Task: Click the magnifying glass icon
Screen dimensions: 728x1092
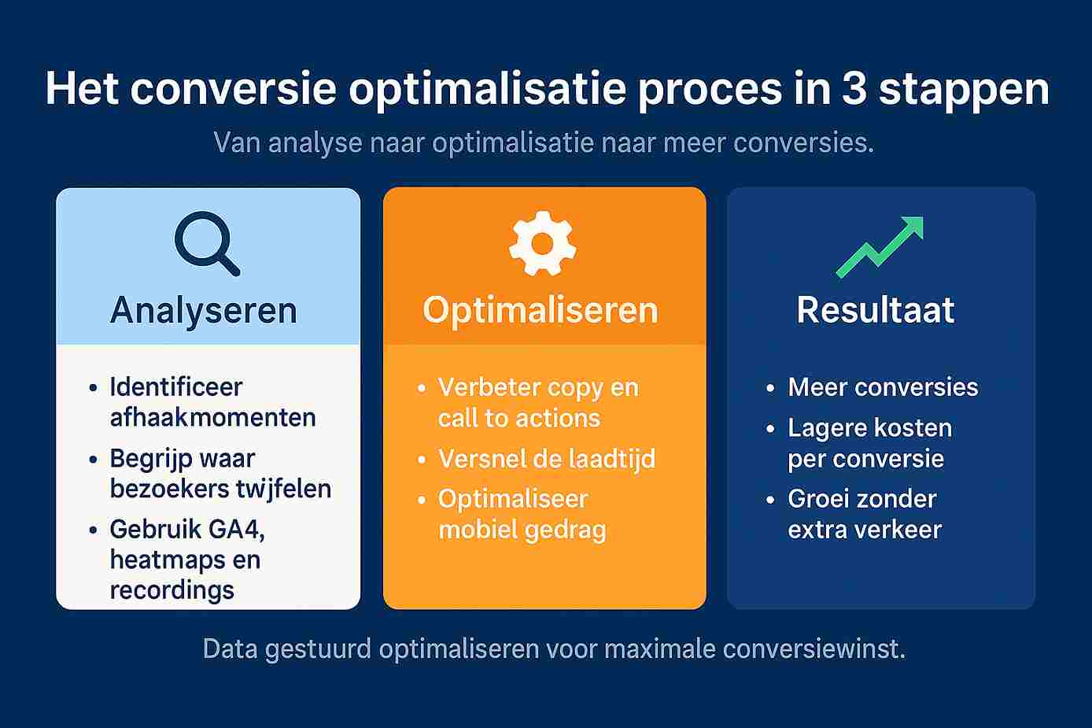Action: click(206, 242)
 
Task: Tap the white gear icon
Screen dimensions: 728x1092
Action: click(542, 244)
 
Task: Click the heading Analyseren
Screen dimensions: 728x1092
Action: click(204, 310)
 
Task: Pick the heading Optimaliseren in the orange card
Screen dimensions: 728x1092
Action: click(540, 310)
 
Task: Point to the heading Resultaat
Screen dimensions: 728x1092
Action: click(876, 310)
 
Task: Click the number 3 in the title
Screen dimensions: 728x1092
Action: click(854, 89)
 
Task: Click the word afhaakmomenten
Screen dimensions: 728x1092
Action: click(212, 417)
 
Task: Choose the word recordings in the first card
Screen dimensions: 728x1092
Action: click(172, 590)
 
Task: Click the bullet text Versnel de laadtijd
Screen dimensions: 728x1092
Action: click(547, 459)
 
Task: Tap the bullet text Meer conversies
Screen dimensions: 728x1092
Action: click(883, 387)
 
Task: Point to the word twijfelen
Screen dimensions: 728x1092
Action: click(282, 489)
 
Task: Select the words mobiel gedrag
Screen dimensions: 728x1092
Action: click(522, 530)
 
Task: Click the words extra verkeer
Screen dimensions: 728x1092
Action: click(865, 530)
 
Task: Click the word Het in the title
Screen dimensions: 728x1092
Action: click(81, 89)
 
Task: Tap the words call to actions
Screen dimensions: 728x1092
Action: click(518, 418)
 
